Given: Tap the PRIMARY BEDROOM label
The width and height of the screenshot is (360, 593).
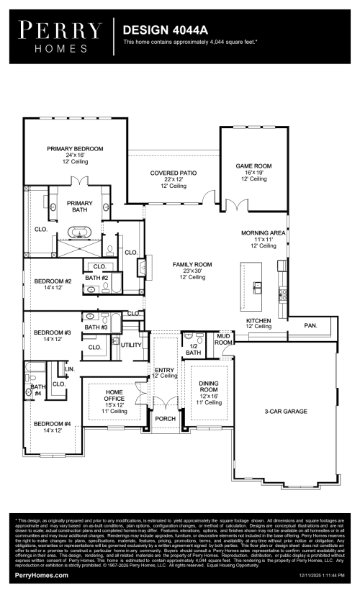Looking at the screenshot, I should click(76, 148).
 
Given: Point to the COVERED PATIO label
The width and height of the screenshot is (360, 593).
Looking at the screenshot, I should click(173, 173).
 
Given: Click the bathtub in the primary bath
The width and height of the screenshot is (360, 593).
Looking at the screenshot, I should click(78, 232).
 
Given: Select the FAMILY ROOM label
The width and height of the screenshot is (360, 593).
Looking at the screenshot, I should click(192, 265).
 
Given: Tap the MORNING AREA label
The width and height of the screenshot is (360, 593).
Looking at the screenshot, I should click(264, 233).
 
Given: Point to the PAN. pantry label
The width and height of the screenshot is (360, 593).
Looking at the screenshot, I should click(310, 325).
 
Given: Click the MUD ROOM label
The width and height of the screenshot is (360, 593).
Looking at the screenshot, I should click(224, 340).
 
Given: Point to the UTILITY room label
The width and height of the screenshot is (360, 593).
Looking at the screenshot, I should click(131, 345).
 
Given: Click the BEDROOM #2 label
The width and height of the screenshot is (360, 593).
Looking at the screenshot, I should click(53, 281).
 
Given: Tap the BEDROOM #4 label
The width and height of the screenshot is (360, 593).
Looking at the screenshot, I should click(53, 424).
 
